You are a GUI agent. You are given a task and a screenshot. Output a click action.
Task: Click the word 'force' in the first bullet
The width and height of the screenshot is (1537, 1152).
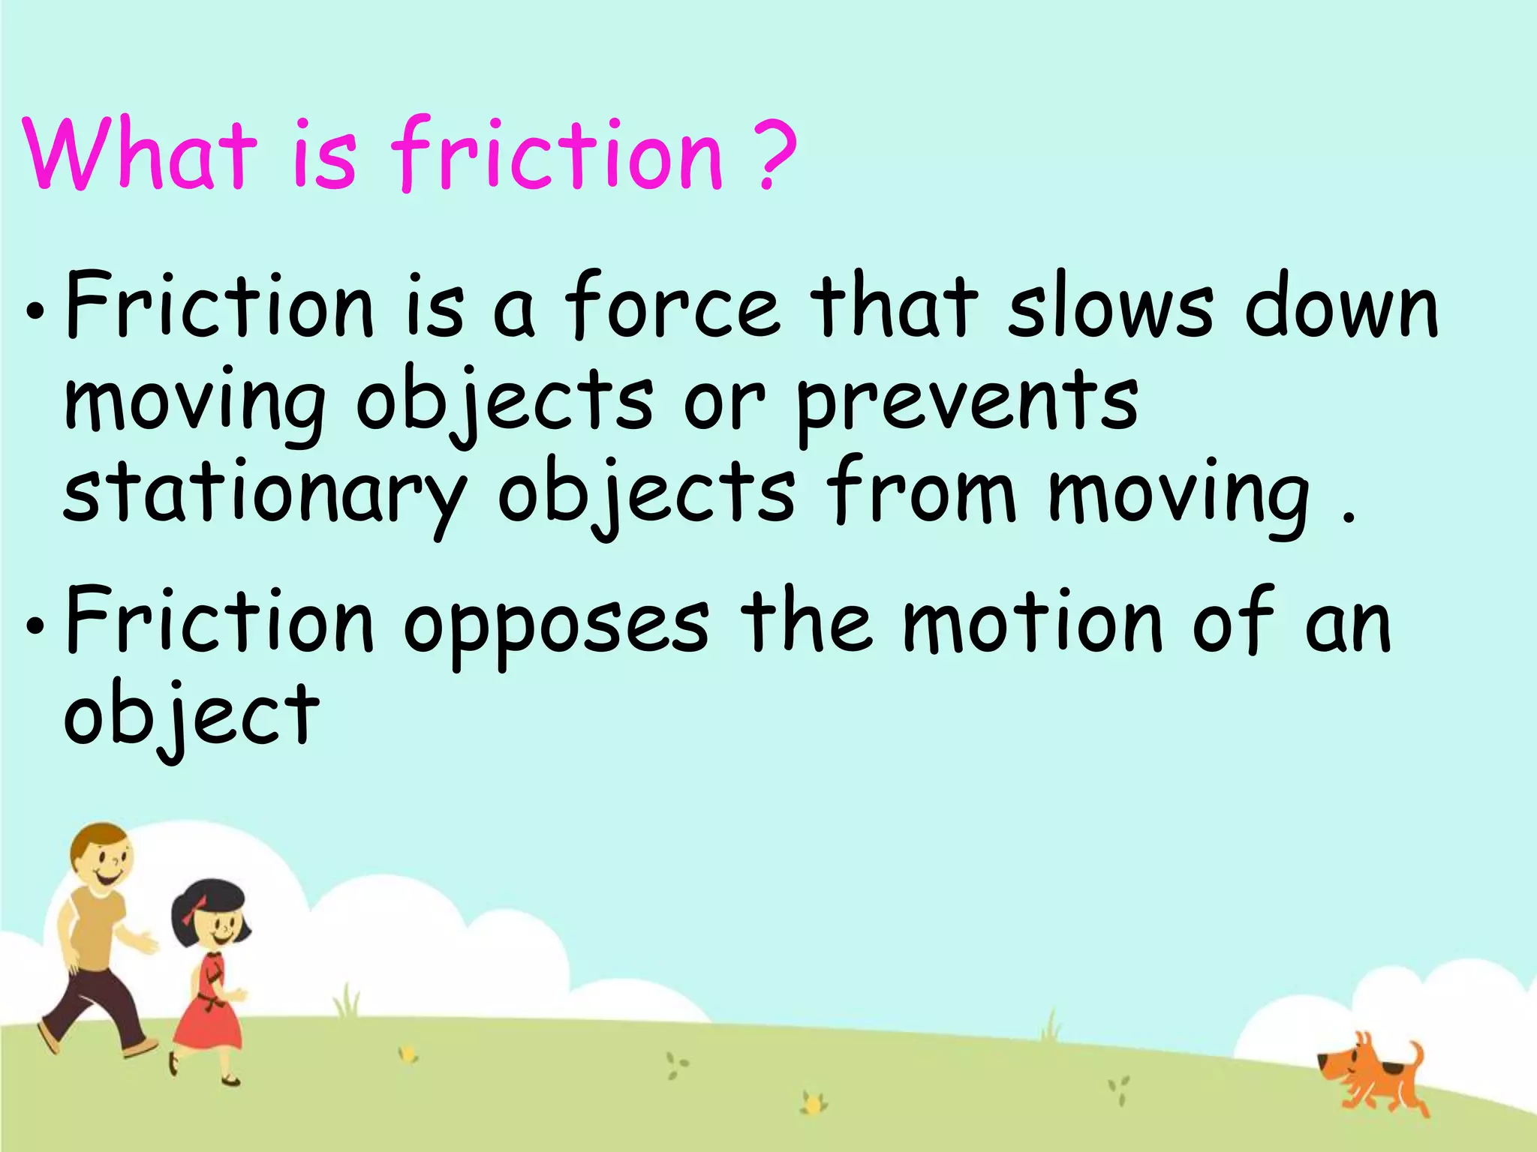(672, 307)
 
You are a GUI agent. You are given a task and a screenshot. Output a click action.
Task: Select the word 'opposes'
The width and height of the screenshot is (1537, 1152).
(555, 626)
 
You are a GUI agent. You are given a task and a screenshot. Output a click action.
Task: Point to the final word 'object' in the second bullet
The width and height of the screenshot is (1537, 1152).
(191, 716)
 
